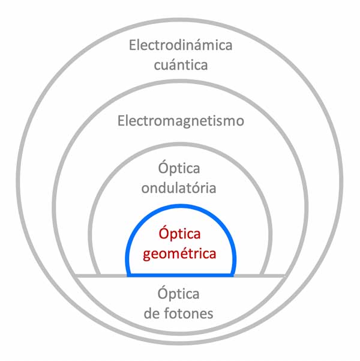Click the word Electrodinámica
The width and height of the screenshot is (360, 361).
point(181,45)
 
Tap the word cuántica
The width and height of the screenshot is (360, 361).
point(181,64)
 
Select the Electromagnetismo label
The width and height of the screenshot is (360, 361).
point(181,121)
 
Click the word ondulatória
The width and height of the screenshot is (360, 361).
point(179,187)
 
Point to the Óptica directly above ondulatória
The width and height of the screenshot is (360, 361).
point(179,168)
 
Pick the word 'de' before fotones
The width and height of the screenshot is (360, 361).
point(153,313)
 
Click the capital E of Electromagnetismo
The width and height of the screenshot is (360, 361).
point(121,121)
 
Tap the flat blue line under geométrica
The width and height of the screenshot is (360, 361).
point(181,276)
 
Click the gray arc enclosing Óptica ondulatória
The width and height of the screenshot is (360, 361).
point(181,144)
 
